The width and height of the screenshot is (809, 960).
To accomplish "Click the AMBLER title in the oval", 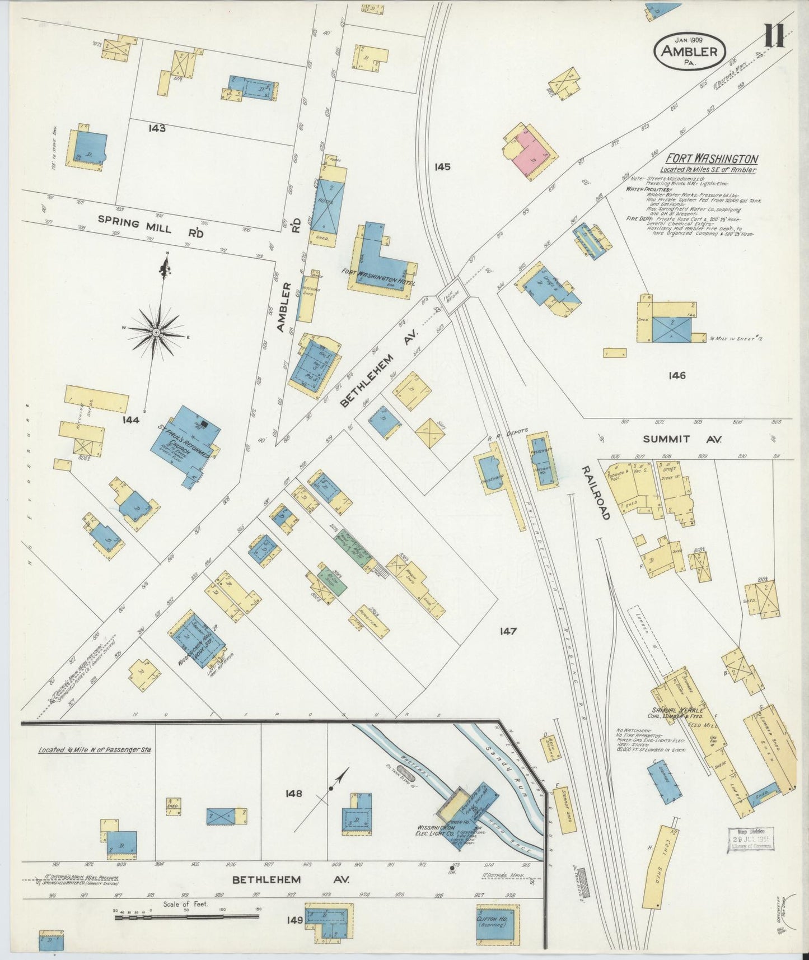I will pos(689,52).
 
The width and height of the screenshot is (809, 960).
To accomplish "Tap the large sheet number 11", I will pos(775,36).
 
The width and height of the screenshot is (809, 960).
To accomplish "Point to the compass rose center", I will pos(157,332).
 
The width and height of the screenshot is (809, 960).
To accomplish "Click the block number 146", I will pos(676,376).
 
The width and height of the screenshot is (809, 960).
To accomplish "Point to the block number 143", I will pos(157,128).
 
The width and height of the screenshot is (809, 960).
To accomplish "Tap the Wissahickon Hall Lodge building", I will pos(197,641).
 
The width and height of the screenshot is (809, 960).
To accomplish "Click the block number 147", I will pos(508,631).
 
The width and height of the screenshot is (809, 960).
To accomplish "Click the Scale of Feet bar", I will pos(186,916).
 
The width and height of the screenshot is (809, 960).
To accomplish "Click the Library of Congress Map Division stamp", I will pos(751,840).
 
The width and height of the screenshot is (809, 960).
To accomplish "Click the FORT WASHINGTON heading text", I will pos(712,159).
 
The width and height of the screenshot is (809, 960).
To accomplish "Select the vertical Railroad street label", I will pos(594,492).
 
